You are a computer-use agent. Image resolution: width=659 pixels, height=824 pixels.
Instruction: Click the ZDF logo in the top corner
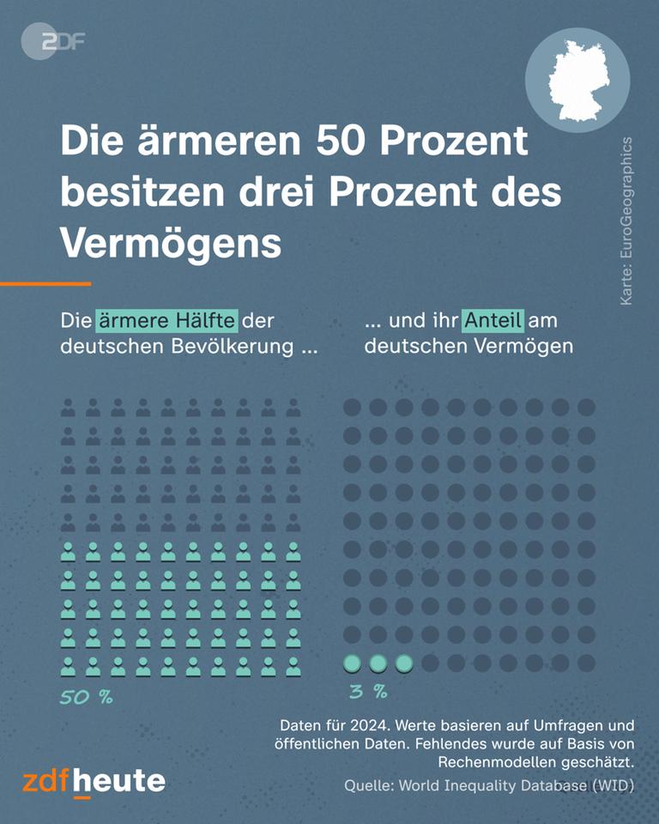52,41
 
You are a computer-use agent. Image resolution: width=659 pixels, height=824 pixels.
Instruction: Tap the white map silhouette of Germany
577,80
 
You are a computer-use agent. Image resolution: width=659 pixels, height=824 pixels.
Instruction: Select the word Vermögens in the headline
171,244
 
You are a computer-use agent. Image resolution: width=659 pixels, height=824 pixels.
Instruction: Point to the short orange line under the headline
45,283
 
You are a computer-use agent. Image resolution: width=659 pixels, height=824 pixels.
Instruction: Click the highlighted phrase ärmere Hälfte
166,321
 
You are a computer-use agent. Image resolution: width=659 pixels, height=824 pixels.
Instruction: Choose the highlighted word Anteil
493,321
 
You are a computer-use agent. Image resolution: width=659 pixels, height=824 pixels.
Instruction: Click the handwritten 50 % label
86,696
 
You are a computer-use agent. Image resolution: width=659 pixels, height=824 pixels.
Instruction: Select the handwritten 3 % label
368,691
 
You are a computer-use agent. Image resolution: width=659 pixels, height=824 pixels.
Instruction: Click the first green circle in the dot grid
352,663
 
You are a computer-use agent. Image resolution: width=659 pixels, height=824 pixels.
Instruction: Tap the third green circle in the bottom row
404,663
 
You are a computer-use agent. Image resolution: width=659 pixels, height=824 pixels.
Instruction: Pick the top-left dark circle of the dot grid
352,407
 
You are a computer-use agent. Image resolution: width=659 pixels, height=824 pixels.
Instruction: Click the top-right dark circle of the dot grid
586,407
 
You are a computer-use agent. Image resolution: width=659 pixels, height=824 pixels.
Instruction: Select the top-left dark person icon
68,408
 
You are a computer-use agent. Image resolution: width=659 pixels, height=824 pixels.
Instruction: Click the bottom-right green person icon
293,666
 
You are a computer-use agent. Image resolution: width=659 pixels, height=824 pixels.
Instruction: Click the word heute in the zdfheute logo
119,781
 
